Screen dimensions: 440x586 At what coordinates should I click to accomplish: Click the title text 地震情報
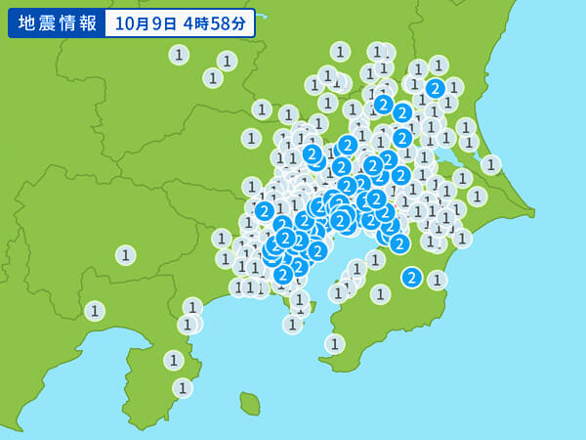pos(57,22)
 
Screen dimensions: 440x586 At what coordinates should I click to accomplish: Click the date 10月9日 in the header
pos(144,22)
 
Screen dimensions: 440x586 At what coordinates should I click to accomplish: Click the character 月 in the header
pos(139,22)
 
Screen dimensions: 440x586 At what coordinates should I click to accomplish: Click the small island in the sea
pos(250,404)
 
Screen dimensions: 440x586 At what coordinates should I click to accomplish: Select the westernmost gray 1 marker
pos(94,311)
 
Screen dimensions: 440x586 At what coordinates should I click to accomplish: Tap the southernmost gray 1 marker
pos(183,388)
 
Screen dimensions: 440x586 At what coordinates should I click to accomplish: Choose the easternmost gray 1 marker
pos(490,165)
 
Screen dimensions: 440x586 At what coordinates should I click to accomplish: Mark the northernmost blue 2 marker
pos(435,89)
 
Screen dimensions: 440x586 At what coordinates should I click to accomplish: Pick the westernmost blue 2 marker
pos(264,210)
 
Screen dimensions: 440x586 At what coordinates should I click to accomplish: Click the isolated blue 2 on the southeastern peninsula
pos(411,278)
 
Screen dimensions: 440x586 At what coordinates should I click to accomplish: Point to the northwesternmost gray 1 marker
pos(179,55)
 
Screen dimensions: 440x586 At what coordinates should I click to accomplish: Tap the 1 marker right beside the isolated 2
pos(437,280)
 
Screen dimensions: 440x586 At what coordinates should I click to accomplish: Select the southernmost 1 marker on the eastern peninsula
pos(334,344)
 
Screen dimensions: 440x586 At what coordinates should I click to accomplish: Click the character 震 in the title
pos(45,22)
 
